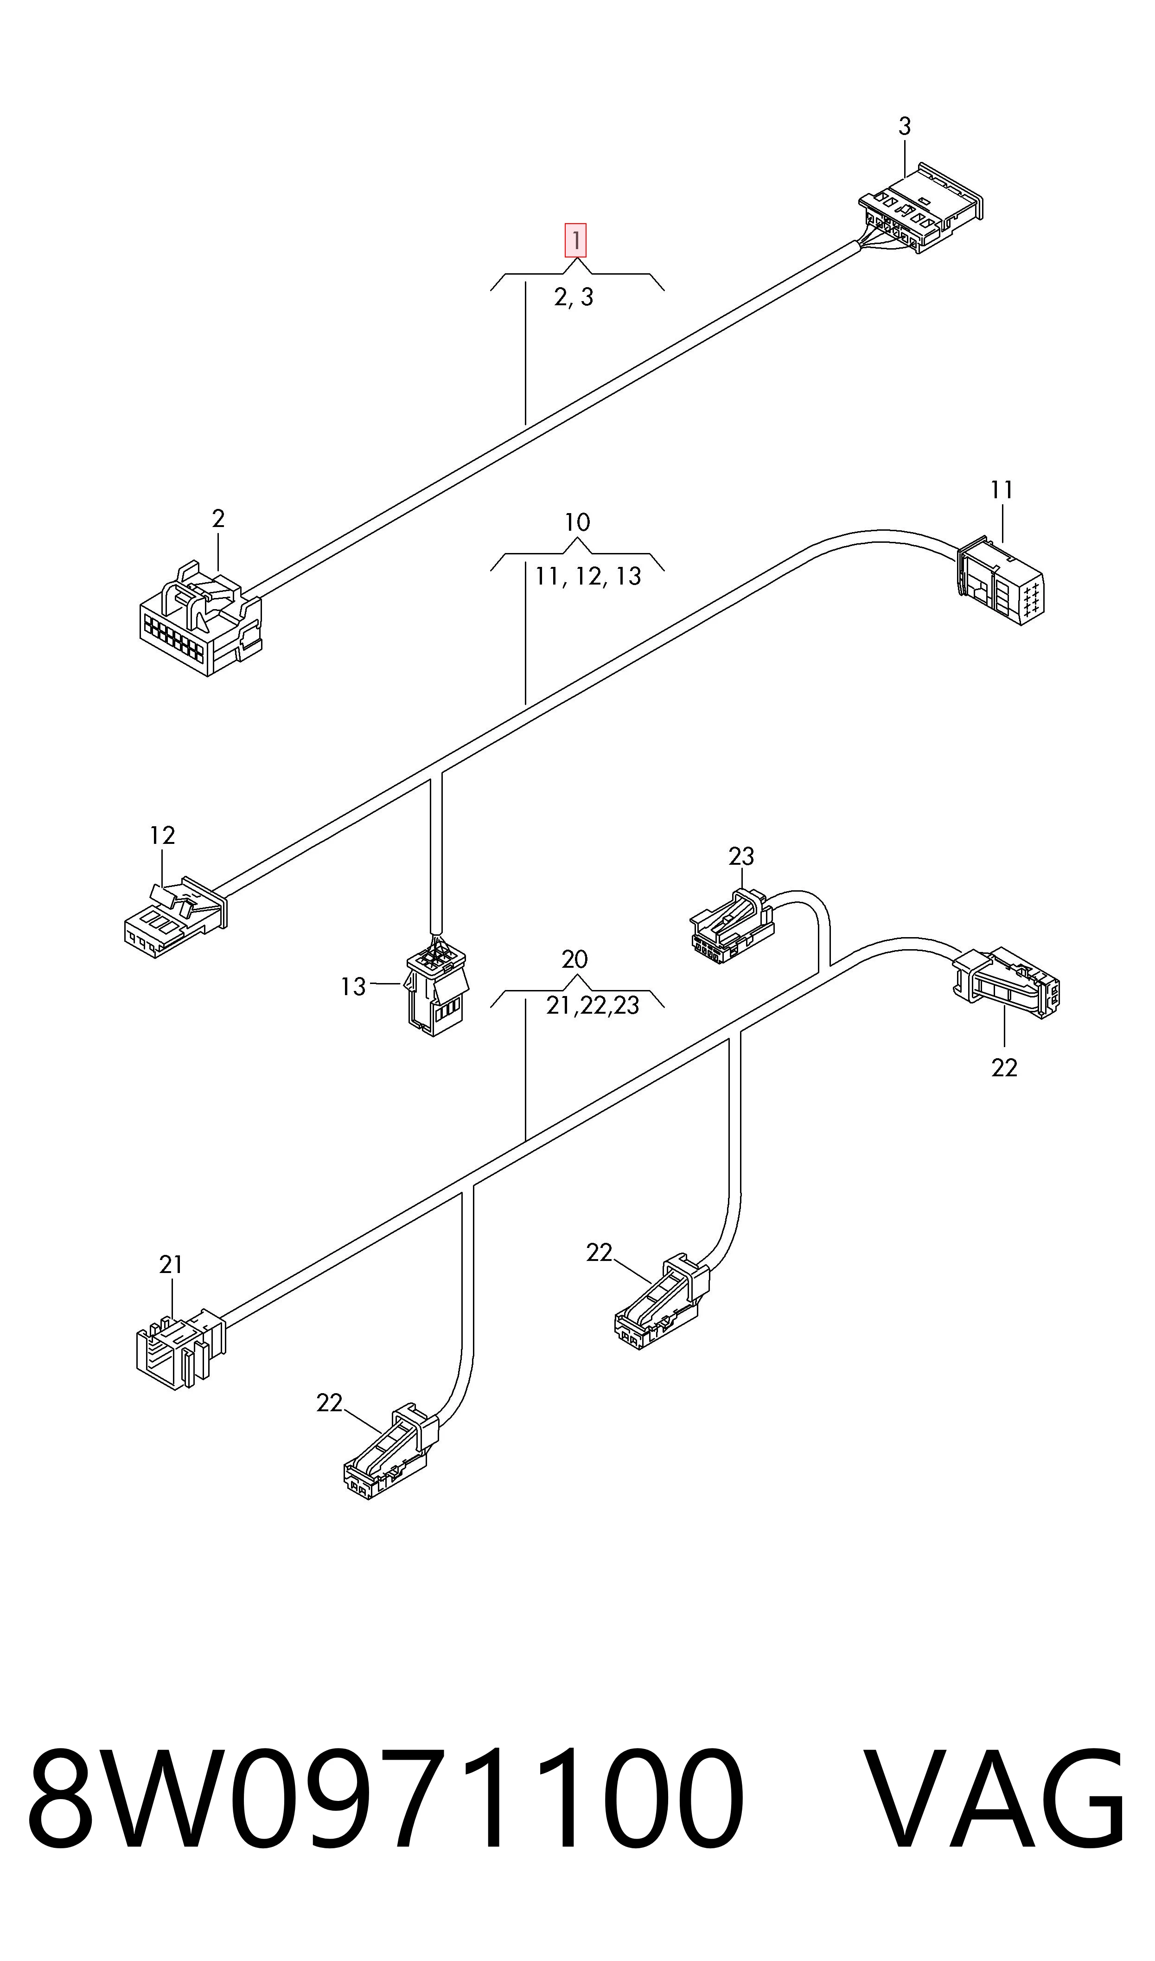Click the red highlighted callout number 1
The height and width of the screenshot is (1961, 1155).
[x=575, y=241]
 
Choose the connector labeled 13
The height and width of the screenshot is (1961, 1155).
[x=437, y=985]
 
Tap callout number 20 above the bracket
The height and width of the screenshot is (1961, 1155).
[x=574, y=959]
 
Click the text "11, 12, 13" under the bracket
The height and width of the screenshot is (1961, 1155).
[x=588, y=576]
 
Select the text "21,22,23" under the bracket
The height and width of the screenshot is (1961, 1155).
[x=592, y=1006]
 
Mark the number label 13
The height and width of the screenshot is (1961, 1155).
[x=353, y=987]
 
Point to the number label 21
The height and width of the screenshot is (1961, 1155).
[x=171, y=1265]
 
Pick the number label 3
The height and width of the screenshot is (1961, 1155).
[x=904, y=126]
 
